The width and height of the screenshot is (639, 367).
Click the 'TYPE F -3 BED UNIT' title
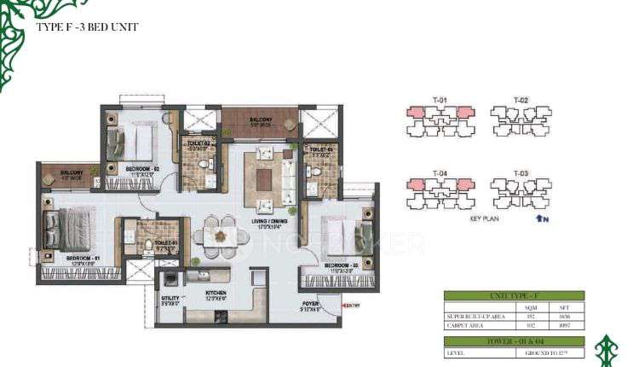click(87, 27)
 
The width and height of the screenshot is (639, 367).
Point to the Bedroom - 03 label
click(341, 265)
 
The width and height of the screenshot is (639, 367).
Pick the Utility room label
click(170, 297)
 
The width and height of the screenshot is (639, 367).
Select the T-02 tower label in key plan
click(521, 101)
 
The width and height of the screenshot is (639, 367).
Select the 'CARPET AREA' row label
click(467, 324)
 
